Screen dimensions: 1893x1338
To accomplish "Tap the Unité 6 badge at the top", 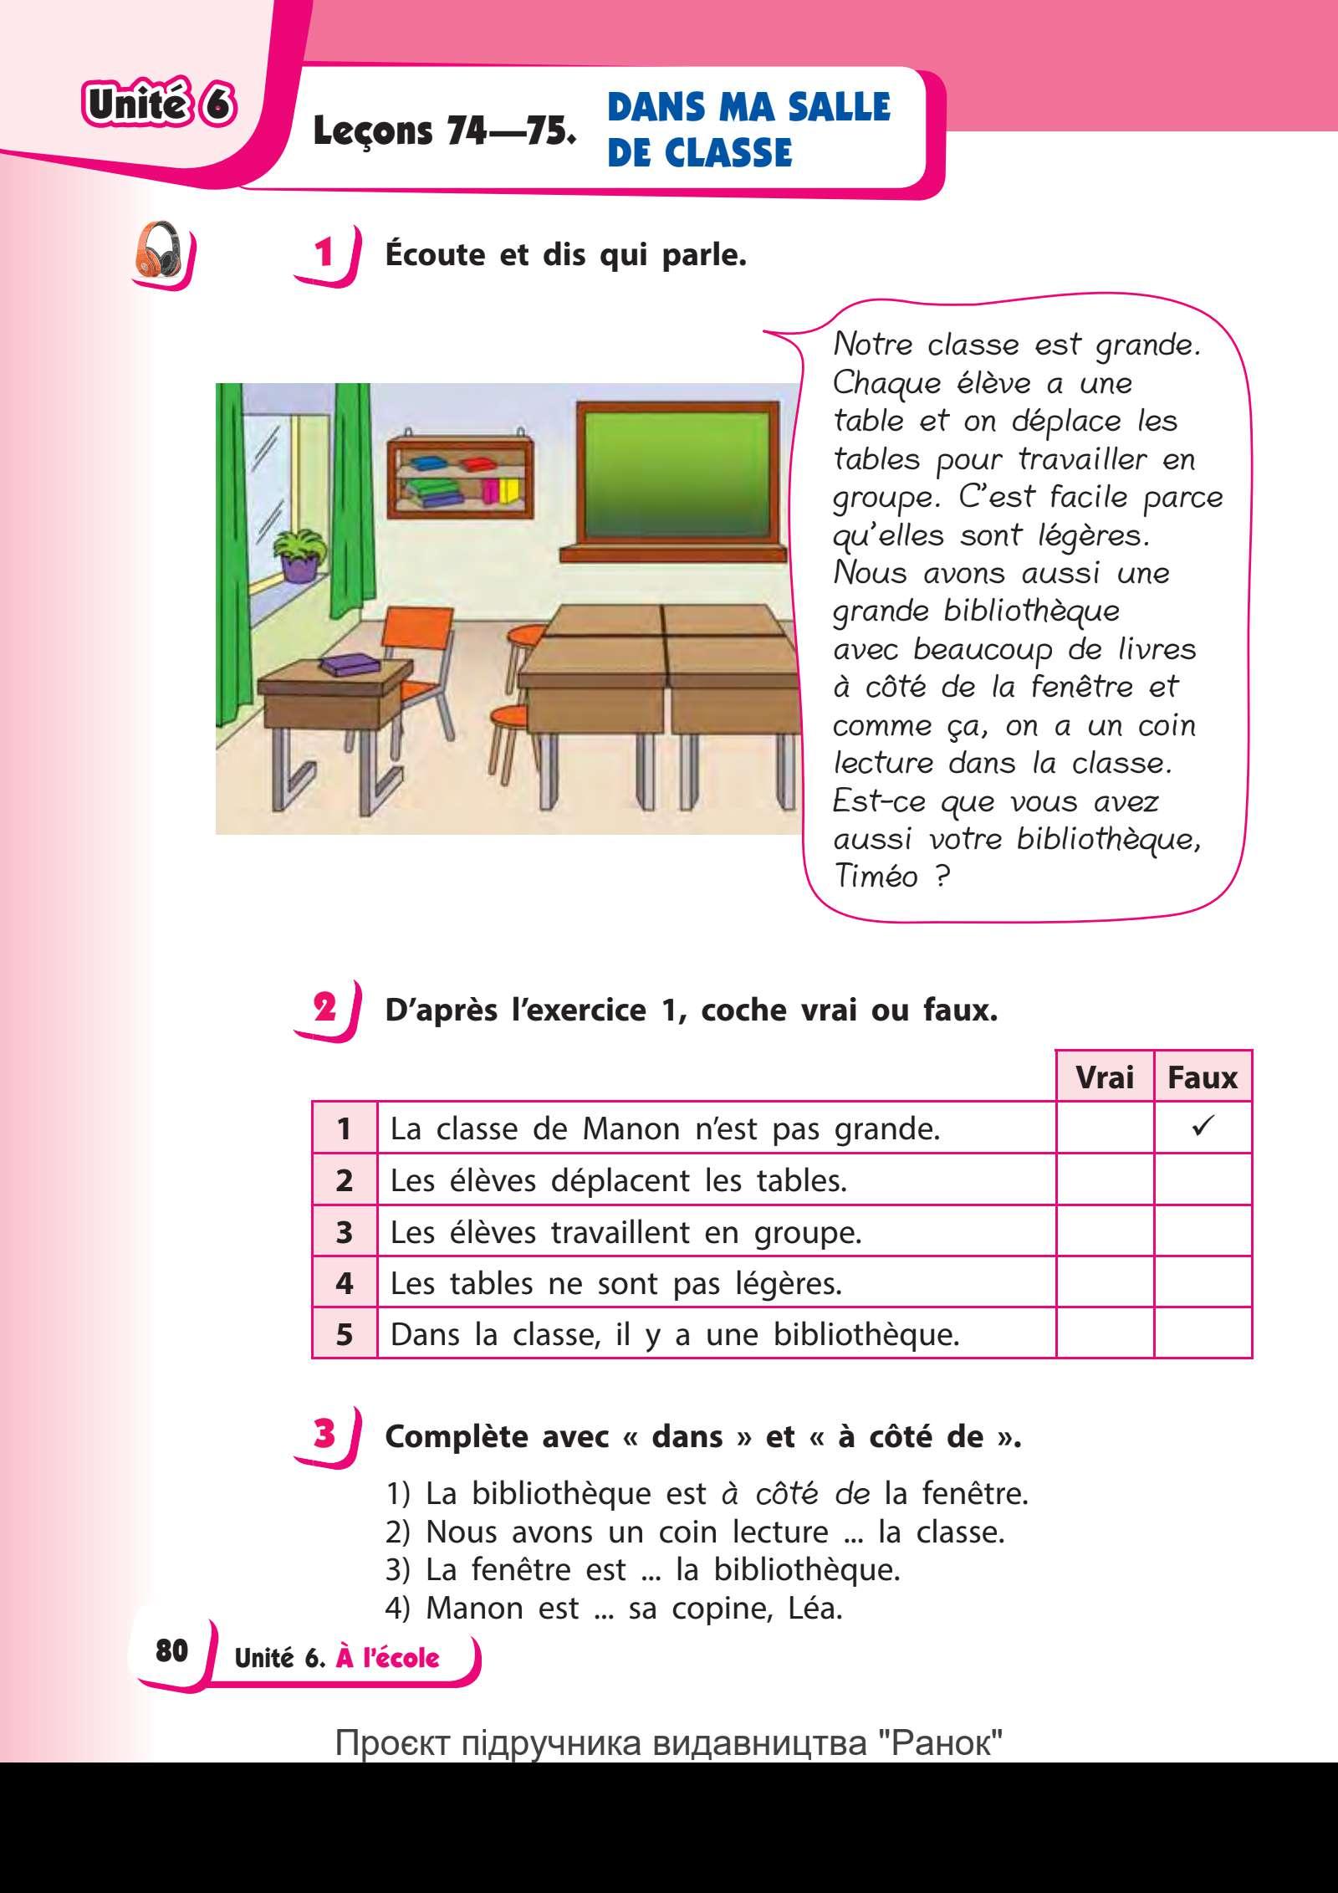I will [157, 106].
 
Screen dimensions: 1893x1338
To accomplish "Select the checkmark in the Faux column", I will [1203, 1127].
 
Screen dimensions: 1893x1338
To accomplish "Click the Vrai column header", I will [1104, 1077].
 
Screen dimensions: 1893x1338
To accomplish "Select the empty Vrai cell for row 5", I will [1104, 1333].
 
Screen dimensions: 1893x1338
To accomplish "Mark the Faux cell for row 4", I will [1203, 1282].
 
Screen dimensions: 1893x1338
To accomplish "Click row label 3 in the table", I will [345, 1231].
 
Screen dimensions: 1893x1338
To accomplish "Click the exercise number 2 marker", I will [324, 1006].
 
